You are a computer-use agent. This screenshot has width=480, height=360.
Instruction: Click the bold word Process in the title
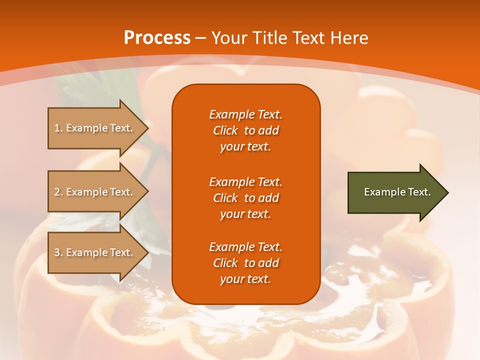157,38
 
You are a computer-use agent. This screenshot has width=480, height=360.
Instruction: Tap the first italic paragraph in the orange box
245,130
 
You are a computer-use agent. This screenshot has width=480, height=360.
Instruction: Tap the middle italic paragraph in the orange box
245,197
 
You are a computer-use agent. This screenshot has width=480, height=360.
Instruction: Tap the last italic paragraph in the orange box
245,263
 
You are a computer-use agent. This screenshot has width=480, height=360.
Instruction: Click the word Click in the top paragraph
225,130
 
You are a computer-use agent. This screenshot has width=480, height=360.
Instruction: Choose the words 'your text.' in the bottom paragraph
245,279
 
